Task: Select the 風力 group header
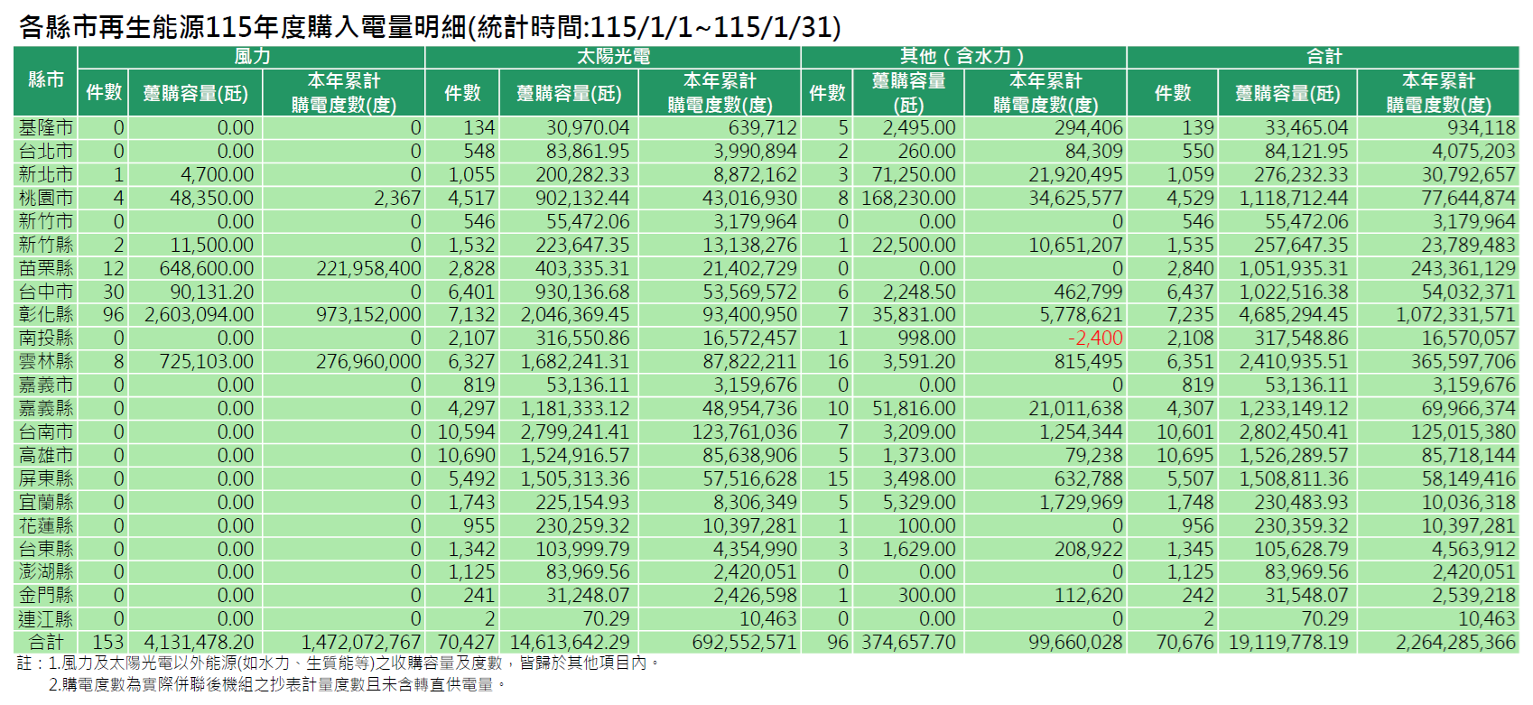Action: pos(252,56)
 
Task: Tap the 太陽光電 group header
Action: pos(613,56)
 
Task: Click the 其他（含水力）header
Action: pos(962,56)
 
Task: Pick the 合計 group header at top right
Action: pos(1324,56)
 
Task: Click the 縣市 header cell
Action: pos(46,79)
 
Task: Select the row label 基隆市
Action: pos(46,127)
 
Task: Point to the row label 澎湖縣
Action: pos(46,571)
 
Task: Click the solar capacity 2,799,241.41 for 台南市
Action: pos(574,431)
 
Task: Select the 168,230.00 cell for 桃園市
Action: pos(908,198)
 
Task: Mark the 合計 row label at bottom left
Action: pos(46,642)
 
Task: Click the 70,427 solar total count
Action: pos(466,642)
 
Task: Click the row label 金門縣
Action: pos(46,595)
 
